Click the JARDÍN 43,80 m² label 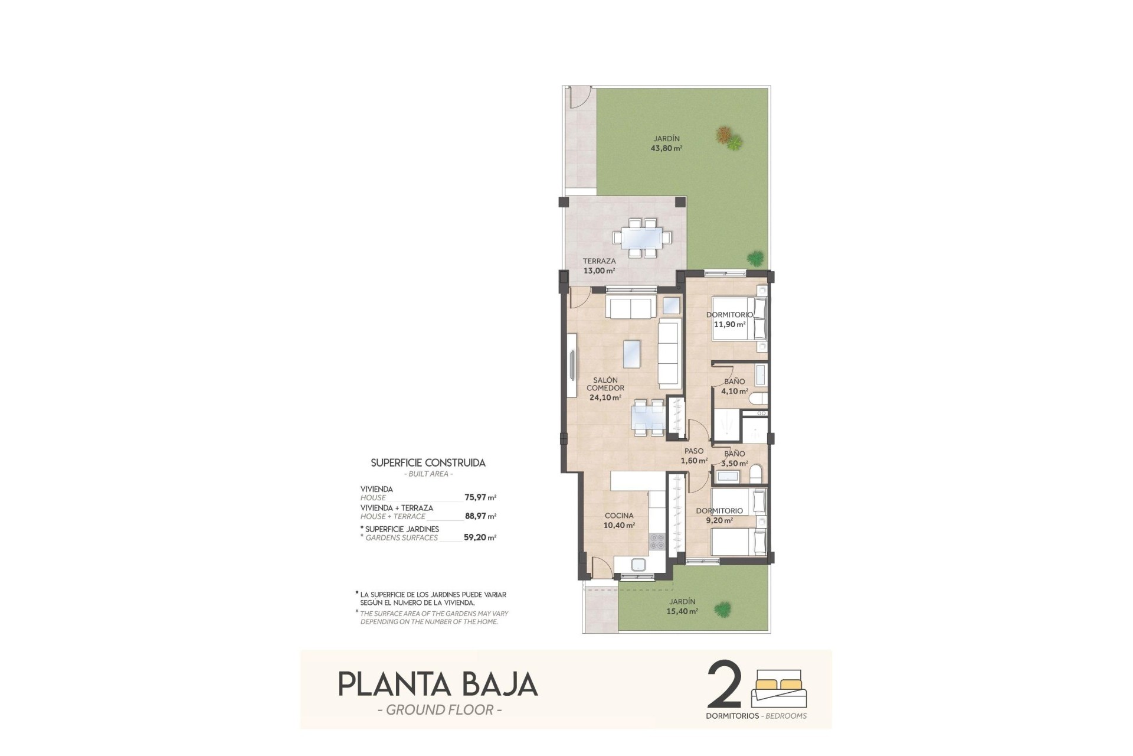666,144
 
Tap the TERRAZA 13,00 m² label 599,266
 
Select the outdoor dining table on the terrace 642,238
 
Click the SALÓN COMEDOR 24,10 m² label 605,389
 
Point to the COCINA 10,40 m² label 619,520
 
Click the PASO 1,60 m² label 693,456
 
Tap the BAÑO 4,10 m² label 734,386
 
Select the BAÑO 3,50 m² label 734,458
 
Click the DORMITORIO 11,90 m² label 729,320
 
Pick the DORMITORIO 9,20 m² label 719,516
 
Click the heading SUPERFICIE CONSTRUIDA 428,463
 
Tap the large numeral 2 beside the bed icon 723,685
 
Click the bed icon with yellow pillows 778,687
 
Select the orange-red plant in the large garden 724,135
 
